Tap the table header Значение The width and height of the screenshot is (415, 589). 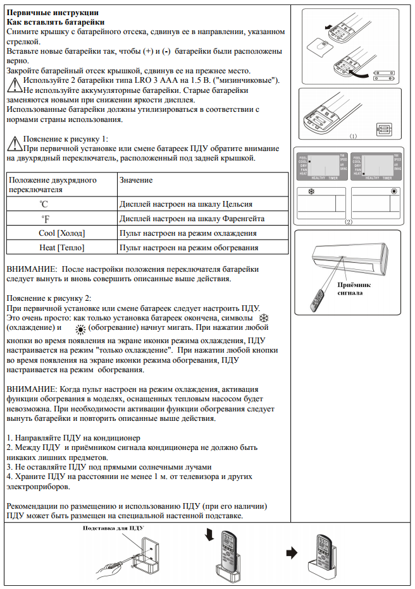136,180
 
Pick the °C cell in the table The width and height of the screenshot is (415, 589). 44,204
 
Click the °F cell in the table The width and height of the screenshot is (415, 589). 44,219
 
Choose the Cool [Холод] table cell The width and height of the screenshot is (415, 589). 61,233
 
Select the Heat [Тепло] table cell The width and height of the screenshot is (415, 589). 61,247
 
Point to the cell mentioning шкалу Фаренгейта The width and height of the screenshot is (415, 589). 192,219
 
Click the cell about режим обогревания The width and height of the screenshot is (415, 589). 189,247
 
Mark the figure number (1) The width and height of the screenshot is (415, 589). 352,135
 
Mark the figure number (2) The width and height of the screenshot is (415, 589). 347,222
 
